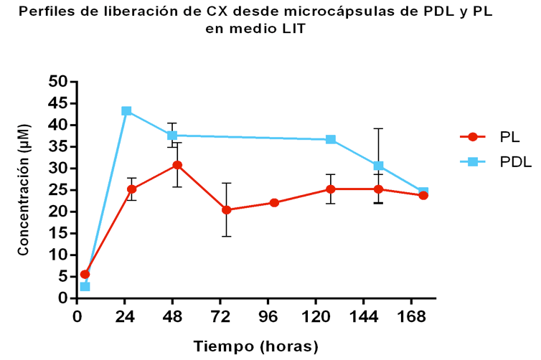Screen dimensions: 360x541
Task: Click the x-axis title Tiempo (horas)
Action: [255, 346]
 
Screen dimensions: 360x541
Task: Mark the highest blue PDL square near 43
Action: [126, 111]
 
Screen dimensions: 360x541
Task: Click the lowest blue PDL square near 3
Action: [85, 287]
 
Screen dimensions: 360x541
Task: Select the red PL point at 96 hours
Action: [274, 203]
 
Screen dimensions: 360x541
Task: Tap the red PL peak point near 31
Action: [177, 165]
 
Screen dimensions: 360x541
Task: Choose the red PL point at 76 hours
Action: [227, 210]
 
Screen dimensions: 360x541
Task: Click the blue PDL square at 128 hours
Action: [331, 139]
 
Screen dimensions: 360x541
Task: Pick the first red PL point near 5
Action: [85, 274]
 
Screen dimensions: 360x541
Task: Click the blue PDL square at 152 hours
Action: [378, 166]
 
